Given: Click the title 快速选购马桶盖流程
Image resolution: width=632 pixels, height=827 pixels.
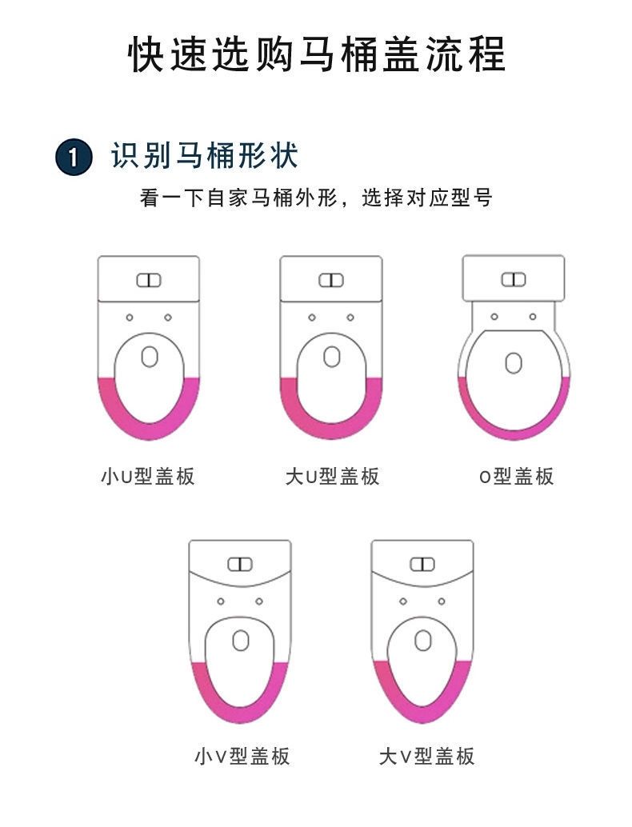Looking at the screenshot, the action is pos(317,54).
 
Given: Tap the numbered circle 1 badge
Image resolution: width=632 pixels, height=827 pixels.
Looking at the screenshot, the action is pos(74,157).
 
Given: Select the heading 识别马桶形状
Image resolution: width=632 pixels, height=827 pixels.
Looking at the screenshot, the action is pos(205,156).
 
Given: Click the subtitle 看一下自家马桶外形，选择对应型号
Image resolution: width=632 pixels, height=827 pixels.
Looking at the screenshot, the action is pos(317,198).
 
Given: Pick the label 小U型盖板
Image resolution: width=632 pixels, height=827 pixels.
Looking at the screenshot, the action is pos(148,476).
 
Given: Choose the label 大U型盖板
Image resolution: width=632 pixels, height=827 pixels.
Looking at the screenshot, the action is pos(332,476).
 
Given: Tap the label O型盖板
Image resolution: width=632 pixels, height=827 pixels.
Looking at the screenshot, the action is pos(516,476).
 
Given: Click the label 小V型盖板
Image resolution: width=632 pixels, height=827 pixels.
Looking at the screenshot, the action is pos(242,756).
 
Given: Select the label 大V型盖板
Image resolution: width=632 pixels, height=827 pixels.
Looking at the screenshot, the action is pos(426,756).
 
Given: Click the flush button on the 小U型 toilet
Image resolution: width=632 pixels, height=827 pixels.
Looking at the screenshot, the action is pos(149,280).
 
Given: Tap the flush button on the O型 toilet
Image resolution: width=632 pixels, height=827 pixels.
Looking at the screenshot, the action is pos(514,280).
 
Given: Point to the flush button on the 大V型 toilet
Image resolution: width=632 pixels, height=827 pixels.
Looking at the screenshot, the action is pos(422,565).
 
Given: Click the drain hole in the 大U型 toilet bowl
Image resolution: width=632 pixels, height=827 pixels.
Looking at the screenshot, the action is pos(331,357).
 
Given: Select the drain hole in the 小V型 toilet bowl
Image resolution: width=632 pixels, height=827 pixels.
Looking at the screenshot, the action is pos(241,641).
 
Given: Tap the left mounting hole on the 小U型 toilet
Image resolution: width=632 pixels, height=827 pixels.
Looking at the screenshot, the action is pos(130,318).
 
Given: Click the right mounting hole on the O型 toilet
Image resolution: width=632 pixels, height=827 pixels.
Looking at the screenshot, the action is pos(533,317).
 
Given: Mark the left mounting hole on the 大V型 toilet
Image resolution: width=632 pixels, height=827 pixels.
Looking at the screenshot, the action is pos(403,601).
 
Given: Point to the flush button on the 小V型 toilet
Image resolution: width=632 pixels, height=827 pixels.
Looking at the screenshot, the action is pos(240,565).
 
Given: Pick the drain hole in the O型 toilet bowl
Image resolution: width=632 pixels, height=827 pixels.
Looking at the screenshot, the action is pos(514,363).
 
